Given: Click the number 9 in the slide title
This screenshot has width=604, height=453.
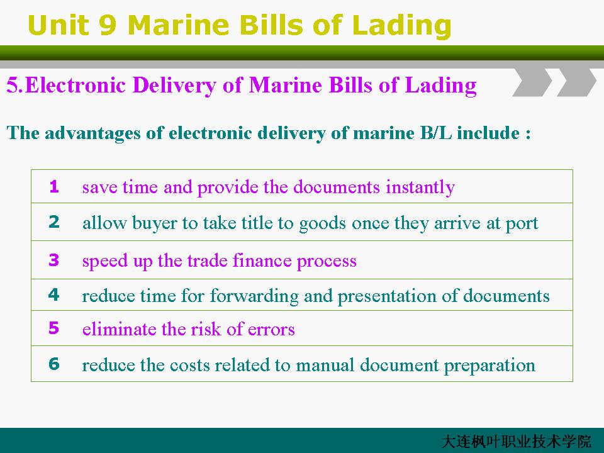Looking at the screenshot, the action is click(108, 25).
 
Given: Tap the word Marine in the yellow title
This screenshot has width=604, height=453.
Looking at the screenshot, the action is click(178, 25).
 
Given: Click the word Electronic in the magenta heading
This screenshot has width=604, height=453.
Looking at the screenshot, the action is click(75, 85).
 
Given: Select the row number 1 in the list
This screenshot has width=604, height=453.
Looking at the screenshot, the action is click(54, 186).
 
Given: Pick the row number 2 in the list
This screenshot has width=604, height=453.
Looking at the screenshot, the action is click(54, 222).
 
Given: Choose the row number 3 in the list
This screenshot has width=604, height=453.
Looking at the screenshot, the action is click(54, 260).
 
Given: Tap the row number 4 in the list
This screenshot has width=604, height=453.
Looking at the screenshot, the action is click(54, 294).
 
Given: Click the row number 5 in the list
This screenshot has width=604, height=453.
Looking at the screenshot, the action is click(54, 328).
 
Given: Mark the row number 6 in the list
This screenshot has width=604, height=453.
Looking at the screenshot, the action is click(54, 364).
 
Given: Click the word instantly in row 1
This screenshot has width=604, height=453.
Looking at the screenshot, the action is click(420, 188).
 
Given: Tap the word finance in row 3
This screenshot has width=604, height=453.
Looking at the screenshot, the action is click(262, 260).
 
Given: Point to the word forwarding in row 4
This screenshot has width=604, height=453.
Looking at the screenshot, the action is click(254, 296).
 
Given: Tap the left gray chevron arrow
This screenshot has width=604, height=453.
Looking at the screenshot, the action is click(532, 82).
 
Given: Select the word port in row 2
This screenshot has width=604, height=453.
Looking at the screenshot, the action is click(522, 224).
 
